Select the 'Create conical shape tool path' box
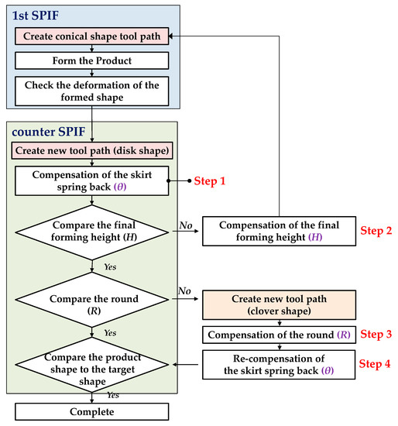click(92, 36)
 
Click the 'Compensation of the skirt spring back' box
click(92, 180)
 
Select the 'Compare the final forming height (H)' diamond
click(92, 231)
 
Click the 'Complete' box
click(92, 411)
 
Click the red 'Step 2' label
click(376, 231)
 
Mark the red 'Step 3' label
click(376, 335)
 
